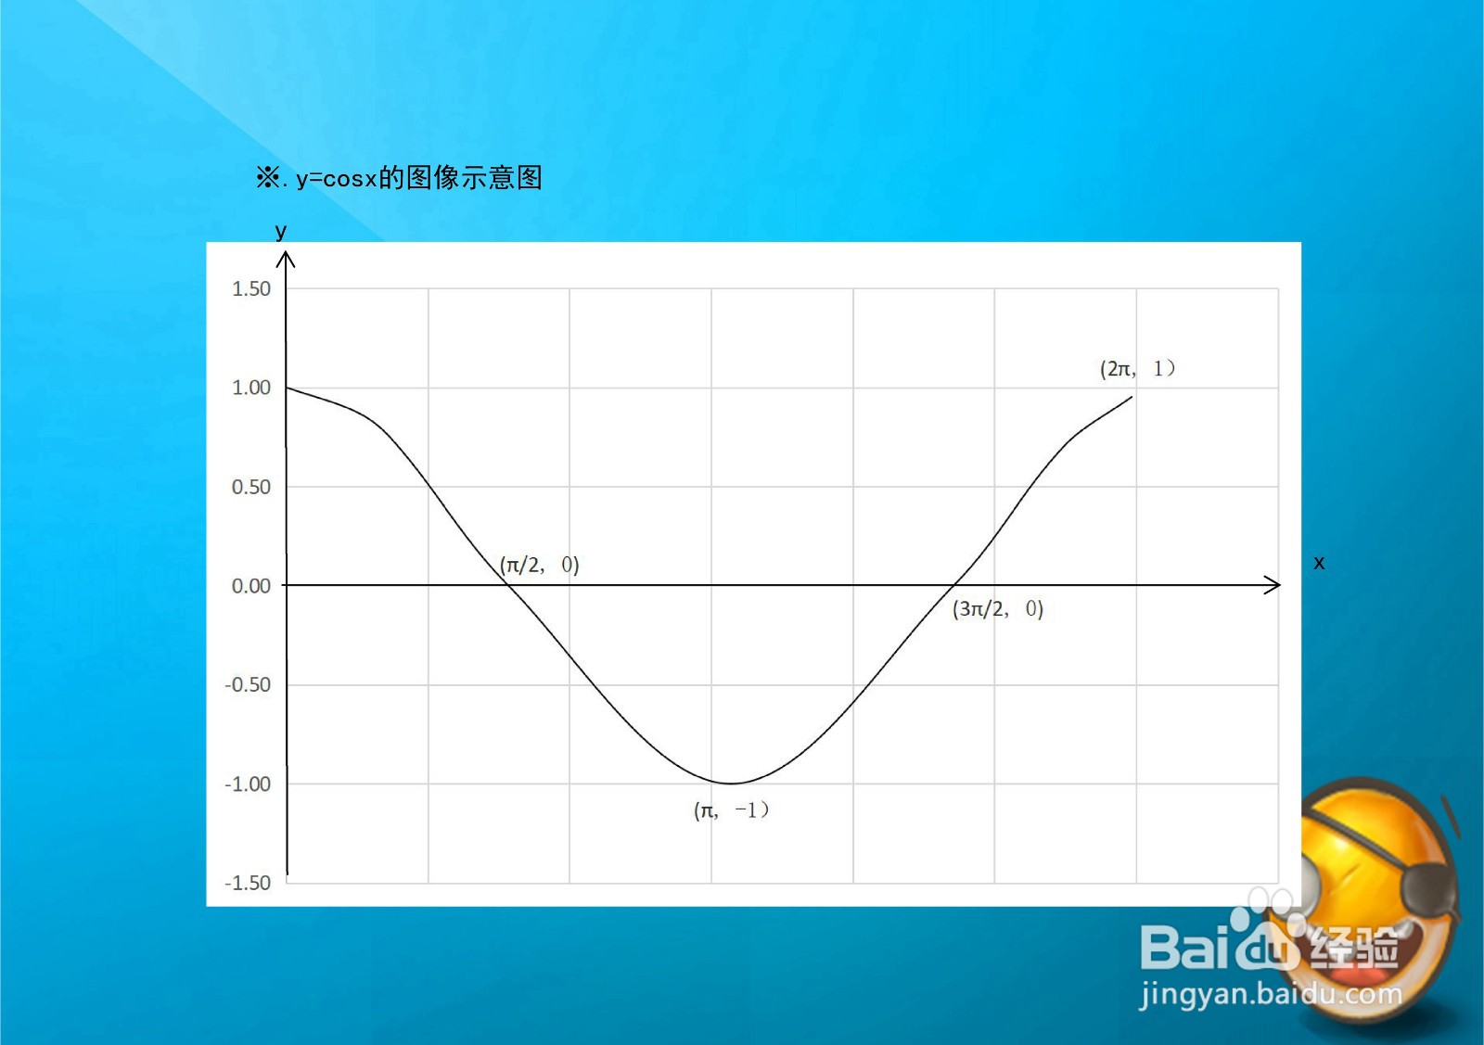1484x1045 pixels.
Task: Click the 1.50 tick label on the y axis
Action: (x=251, y=288)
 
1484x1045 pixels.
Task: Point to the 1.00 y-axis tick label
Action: (x=251, y=388)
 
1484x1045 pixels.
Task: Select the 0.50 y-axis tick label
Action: (x=251, y=487)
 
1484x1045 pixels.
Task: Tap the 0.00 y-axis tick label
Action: (x=251, y=585)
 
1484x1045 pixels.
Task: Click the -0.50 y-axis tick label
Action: (x=248, y=684)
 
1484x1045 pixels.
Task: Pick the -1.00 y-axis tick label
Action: (x=248, y=784)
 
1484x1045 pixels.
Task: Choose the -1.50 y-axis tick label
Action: (x=248, y=883)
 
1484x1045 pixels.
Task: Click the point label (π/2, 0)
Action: (x=539, y=565)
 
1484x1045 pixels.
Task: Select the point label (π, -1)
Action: (x=732, y=809)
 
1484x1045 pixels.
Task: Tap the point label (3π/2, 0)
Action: (x=998, y=608)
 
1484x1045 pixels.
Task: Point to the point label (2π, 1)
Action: (x=1137, y=368)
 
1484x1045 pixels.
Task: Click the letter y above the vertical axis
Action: (x=281, y=231)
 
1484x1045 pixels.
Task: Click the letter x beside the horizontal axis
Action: (x=1319, y=562)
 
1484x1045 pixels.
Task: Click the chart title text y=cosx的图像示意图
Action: (x=419, y=177)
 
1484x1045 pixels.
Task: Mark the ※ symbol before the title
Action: (x=268, y=177)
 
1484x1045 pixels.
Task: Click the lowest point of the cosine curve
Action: (x=730, y=784)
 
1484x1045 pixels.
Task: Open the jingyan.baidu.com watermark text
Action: (x=1271, y=995)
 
